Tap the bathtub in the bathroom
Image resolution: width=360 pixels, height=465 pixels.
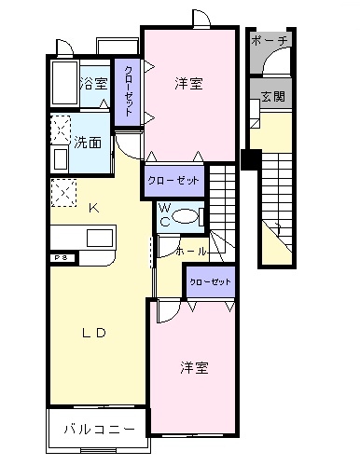point(63,85)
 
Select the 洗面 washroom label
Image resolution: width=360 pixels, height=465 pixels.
point(90,144)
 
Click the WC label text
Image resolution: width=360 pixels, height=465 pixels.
point(164,215)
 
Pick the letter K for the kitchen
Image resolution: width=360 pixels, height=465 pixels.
point(92,208)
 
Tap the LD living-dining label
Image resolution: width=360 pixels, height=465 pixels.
point(92,333)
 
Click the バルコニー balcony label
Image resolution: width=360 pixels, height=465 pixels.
point(99,430)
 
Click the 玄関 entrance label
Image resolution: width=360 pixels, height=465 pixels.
point(272,96)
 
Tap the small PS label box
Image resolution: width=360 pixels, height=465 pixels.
point(59,256)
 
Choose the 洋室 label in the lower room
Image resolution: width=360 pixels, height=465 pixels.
point(194,367)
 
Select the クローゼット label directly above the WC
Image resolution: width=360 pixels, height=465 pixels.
point(173,181)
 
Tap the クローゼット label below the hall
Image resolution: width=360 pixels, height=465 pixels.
point(208,280)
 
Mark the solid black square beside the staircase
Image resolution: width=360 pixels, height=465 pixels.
point(249,158)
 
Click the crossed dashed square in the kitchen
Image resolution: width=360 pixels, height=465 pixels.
point(62,192)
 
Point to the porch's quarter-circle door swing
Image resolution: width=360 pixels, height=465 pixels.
point(272,64)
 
